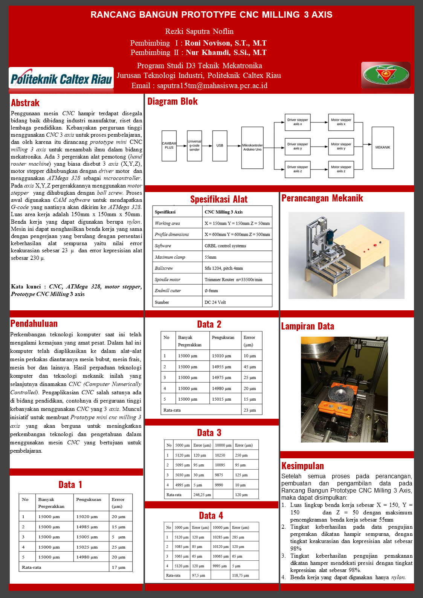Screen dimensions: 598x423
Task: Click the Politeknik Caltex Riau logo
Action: point(61,79)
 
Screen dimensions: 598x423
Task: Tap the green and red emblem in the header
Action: point(386,75)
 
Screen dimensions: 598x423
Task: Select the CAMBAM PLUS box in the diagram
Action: point(169,146)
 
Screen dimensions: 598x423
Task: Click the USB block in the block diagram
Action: point(220,146)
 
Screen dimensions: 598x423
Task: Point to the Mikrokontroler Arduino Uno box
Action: point(252,148)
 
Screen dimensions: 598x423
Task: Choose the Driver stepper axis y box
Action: point(298,146)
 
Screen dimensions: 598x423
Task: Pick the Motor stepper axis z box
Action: point(341,169)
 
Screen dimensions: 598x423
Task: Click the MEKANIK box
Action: point(383,148)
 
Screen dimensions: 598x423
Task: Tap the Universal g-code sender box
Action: point(194,146)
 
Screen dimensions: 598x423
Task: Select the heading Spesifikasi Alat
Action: point(219,199)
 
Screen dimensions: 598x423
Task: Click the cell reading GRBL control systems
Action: point(225,246)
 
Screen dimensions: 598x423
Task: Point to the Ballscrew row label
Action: point(164,268)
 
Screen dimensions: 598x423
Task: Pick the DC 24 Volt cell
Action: point(215,302)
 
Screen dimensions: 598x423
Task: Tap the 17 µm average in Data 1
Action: point(118,567)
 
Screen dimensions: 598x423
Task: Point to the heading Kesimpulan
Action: point(302,466)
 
